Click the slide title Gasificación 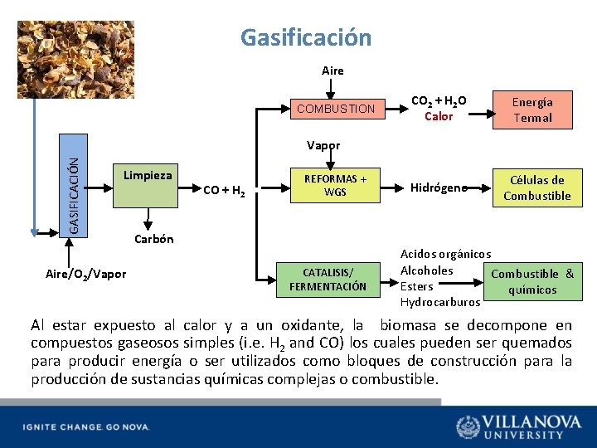[306, 37]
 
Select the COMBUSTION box [336, 109]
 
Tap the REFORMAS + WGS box [336, 185]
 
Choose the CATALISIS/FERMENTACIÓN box [328, 280]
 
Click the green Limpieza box [148, 186]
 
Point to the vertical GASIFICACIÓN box [75, 195]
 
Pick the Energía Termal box [532, 110]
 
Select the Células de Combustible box [536, 187]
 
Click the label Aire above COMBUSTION [332, 71]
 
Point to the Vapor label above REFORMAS [323, 145]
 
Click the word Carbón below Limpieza [153, 239]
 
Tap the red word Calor [439, 116]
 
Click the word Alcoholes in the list [426, 270]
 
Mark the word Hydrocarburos [439, 302]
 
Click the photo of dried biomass [75, 60]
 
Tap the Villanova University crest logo [468, 426]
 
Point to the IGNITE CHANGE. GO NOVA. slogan [86, 426]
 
